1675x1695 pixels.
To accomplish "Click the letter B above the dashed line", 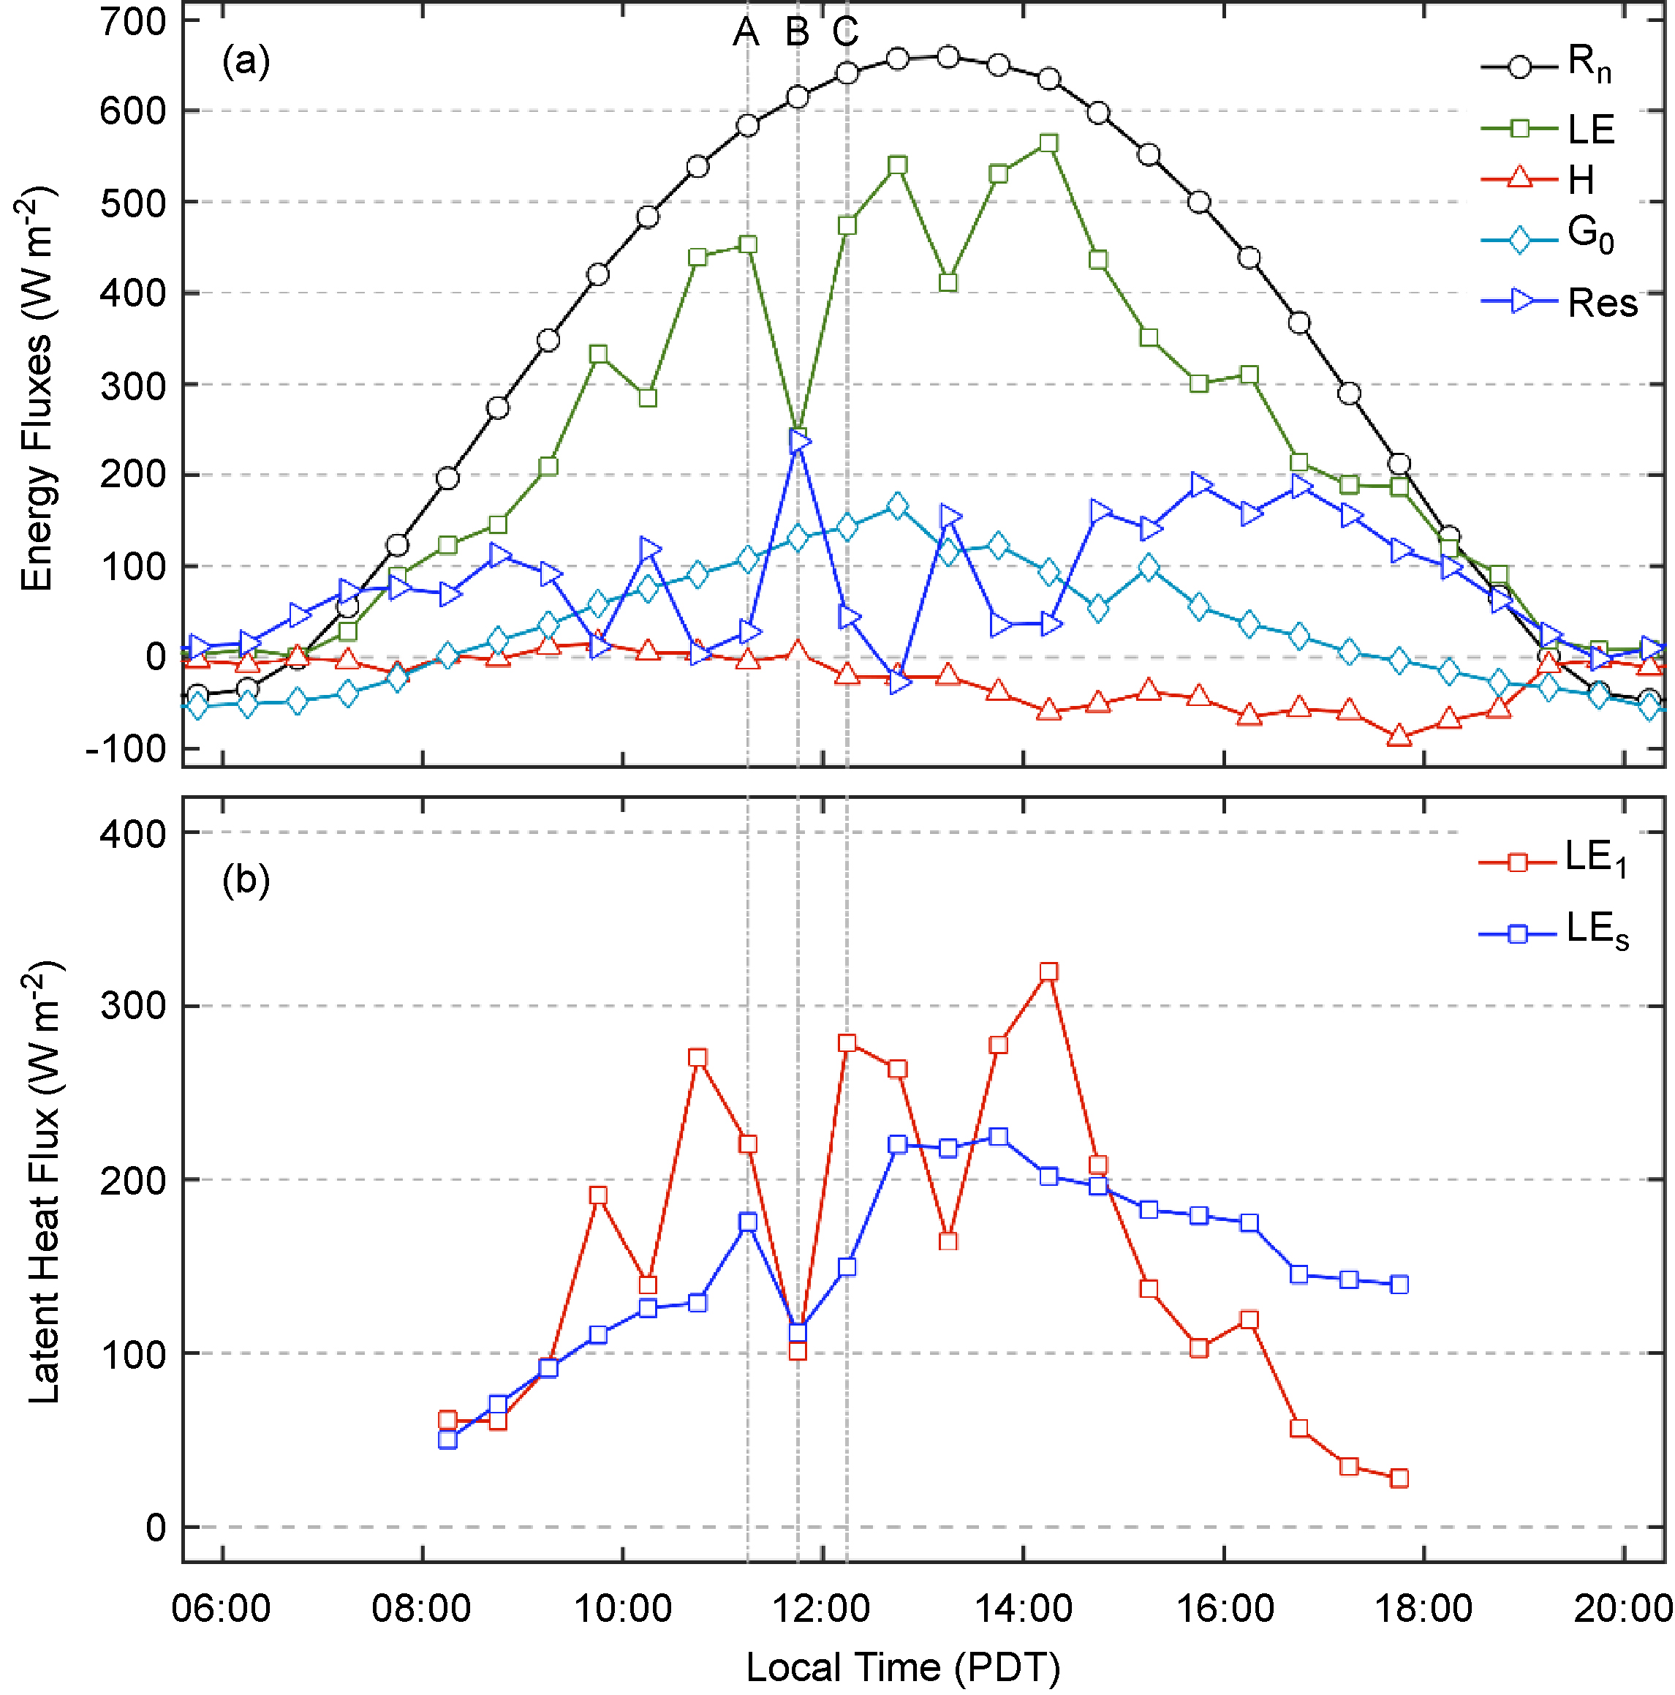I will pyautogui.click(x=796, y=32).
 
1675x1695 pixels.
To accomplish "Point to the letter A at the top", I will pyautogui.click(x=746, y=32).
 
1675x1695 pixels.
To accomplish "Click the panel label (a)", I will pyautogui.click(x=246, y=61).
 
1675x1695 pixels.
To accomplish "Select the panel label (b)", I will pyautogui.click(x=246, y=879).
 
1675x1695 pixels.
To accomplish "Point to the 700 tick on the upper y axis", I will pyautogui.click(x=132, y=21).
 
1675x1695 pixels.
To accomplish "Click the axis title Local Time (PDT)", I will pyautogui.click(x=902, y=1666).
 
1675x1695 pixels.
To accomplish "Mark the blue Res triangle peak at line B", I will pyautogui.click(x=798, y=440).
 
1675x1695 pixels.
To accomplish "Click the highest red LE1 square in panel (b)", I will pyautogui.click(x=1048, y=971).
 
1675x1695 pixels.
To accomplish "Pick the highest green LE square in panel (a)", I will pyautogui.click(x=1048, y=143).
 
